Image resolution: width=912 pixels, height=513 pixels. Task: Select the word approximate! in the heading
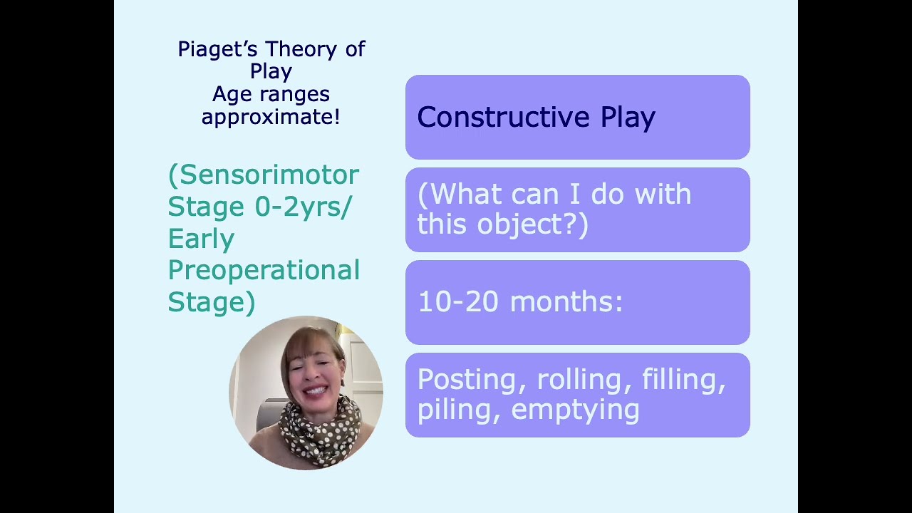coord(271,117)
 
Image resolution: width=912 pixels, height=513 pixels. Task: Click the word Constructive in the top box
coord(503,118)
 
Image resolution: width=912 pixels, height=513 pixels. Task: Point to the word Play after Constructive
coord(628,118)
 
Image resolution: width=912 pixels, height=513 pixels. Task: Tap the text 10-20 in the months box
coord(457,302)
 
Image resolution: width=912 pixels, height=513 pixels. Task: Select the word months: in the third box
coord(566,302)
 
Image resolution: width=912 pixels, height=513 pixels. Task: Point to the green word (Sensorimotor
coord(264,175)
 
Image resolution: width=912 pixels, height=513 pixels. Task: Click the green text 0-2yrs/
coord(304,207)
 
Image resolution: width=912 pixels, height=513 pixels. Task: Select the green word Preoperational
coord(264,271)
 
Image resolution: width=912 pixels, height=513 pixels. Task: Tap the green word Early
coord(201,239)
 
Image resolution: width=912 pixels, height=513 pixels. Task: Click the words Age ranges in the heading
coord(271,94)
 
